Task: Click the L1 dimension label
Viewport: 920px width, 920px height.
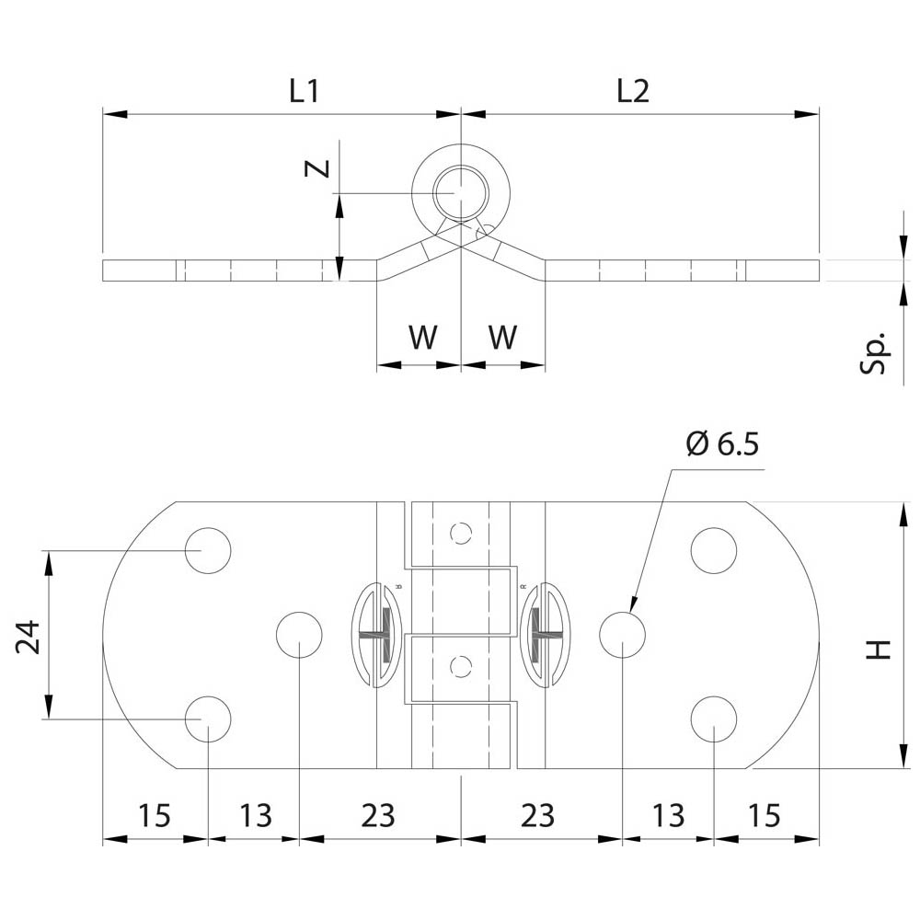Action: (304, 91)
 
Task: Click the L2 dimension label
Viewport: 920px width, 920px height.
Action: (633, 91)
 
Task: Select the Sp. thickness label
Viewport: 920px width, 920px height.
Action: (876, 352)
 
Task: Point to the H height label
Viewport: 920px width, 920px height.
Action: (880, 649)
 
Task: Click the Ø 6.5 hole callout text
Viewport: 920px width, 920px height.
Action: (722, 445)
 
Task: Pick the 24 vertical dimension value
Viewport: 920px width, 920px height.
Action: (29, 636)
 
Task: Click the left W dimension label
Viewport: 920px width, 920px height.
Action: (422, 338)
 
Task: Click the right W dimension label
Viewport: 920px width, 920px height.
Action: (501, 338)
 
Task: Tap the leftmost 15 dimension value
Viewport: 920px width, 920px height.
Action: (154, 815)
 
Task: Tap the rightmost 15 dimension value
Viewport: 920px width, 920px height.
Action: (764, 815)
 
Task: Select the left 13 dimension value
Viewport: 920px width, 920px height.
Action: (256, 815)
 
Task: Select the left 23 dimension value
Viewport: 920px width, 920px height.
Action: (377, 815)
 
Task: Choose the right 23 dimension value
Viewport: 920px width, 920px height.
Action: (538, 815)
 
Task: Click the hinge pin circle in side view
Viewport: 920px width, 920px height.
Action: (460, 193)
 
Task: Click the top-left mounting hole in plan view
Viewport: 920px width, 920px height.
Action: (208, 550)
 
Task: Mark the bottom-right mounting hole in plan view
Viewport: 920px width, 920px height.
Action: (714, 719)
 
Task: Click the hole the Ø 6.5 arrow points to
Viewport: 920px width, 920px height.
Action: (622, 635)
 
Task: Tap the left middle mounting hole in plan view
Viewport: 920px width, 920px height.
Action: (300, 635)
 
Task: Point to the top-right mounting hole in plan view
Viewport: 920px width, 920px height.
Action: (714, 550)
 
